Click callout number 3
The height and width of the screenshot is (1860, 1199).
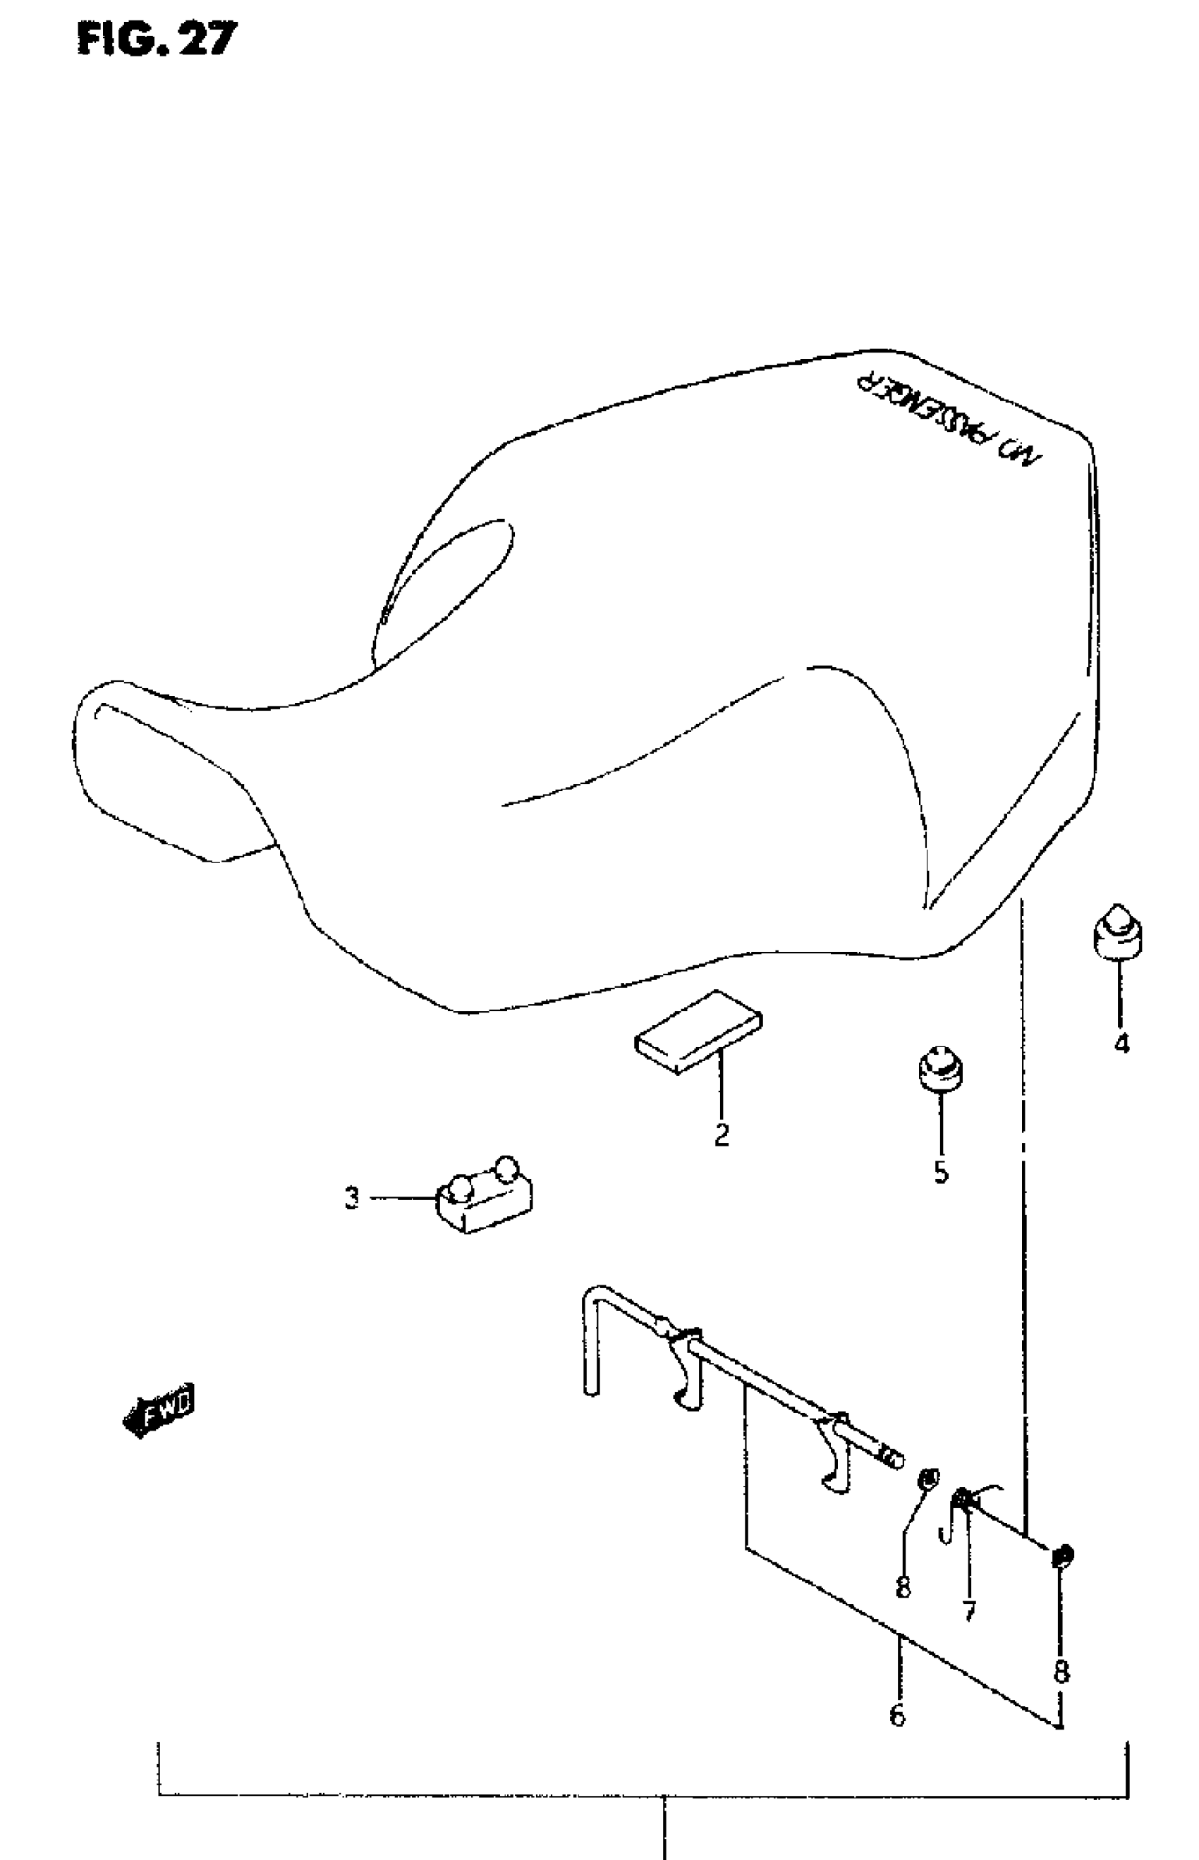click(x=353, y=1198)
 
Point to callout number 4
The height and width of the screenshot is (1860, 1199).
click(x=1121, y=1044)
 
